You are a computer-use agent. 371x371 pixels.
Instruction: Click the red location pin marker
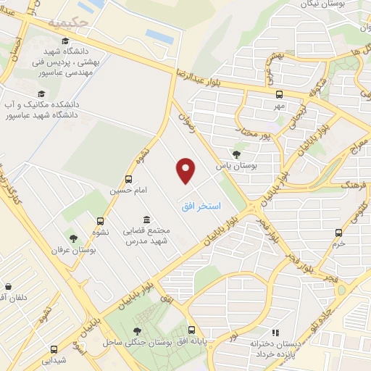pyautogui.click(x=186, y=170)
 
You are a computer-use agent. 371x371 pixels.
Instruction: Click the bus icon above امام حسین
pyautogui.click(x=128, y=179)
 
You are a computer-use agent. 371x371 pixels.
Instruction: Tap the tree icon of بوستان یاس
pyautogui.click(x=236, y=153)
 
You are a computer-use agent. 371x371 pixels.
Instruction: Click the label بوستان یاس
pyautogui.click(x=235, y=165)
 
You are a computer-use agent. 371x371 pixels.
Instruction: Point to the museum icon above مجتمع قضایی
pyautogui.click(x=147, y=219)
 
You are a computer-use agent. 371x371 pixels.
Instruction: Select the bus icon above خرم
pyautogui.click(x=338, y=233)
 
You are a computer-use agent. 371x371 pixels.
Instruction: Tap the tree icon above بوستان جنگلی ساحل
pyautogui.click(x=137, y=330)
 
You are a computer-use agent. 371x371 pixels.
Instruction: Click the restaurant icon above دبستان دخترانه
pyautogui.click(x=274, y=332)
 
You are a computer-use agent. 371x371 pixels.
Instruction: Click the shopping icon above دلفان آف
pyautogui.click(x=8, y=286)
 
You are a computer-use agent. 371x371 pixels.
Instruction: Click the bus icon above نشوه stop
pyautogui.click(x=100, y=222)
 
